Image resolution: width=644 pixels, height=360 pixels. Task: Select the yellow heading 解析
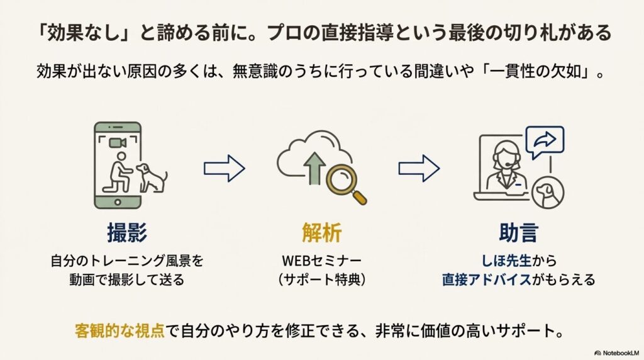pos(321,233)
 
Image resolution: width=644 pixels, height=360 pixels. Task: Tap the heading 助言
pos(518,233)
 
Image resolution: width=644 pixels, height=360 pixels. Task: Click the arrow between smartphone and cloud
pos(224,168)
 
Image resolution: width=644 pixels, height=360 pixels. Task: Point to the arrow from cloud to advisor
pos(419,168)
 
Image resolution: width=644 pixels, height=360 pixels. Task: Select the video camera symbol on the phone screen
pos(118,143)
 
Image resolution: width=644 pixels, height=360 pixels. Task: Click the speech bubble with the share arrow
pos(544,142)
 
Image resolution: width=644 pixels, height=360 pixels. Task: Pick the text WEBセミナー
pos(321,259)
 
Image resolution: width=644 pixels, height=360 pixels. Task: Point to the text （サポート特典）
pos(321,279)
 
